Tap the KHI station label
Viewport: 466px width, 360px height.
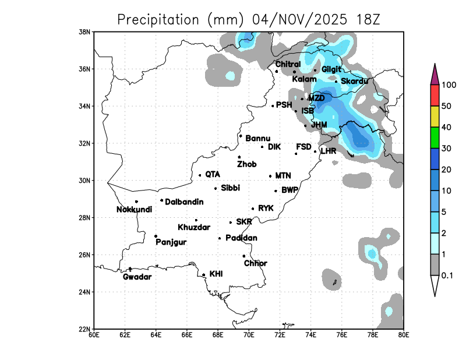216,273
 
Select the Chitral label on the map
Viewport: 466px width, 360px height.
288,64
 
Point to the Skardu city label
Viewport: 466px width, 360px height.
354,81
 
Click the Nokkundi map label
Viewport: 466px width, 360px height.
135,210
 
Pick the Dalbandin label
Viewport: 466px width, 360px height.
184,202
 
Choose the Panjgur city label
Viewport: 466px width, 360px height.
171,242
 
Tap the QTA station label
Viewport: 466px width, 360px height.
213,174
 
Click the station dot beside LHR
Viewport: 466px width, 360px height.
315,151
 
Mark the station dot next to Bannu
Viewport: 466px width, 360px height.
241,136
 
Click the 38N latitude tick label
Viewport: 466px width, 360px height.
85,31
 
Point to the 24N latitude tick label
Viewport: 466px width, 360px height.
85,292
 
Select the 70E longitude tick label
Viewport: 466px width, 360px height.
249,335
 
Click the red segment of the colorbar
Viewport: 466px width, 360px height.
435,94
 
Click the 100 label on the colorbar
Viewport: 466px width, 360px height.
449,85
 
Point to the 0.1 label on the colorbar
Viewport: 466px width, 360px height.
448,276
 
